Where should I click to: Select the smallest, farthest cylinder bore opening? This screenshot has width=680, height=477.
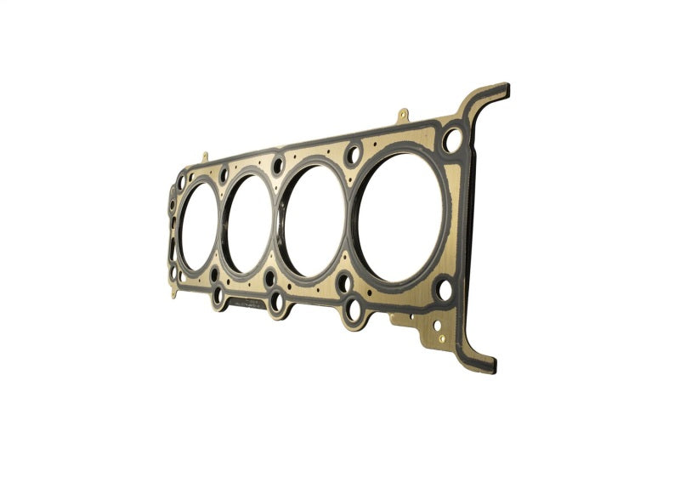(x=198, y=227)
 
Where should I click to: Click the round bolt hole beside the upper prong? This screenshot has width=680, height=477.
(x=452, y=139)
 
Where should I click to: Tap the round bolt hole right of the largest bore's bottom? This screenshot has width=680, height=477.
(x=444, y=289)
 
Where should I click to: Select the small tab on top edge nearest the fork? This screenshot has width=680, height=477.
(x=402, y=114)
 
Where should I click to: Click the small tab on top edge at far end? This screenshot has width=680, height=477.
(x=205, y=156)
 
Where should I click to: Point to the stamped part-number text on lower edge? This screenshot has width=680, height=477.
(x=246, y=301)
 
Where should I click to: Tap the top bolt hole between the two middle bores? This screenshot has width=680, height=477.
(x=278, y=164)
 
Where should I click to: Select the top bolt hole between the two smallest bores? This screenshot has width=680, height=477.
(x=224, y=174)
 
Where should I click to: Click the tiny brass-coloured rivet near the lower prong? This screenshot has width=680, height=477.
(x=441, y=338)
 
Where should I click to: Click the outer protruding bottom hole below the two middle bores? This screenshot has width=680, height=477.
(x=277, y=302)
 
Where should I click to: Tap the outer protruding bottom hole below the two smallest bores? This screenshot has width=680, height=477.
(x=218, y=295)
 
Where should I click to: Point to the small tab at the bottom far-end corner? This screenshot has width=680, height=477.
(x=174, y=292)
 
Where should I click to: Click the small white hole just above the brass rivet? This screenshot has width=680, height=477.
(x=436, y=324)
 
